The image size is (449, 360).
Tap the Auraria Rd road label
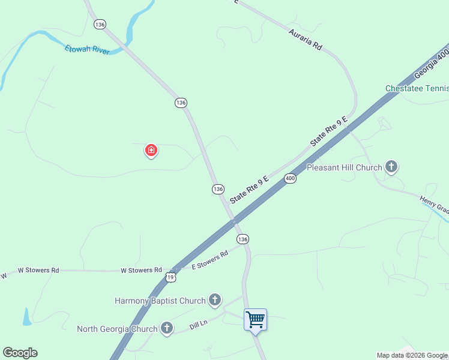305,39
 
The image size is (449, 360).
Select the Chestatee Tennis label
417,89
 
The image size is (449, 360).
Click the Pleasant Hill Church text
344,167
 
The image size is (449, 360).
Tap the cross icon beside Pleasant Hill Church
391,167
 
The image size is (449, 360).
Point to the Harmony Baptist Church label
160,300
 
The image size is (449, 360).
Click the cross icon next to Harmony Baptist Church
215,300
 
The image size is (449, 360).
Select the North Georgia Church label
117,329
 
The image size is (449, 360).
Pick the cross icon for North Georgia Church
167,328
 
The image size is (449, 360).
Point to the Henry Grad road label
435,206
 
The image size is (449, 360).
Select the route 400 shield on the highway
291,179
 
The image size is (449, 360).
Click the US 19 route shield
170,277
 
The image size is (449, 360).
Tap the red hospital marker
151,150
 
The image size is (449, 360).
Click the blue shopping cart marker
255,320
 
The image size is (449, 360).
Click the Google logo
20,353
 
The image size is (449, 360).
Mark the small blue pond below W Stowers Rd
27,316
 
